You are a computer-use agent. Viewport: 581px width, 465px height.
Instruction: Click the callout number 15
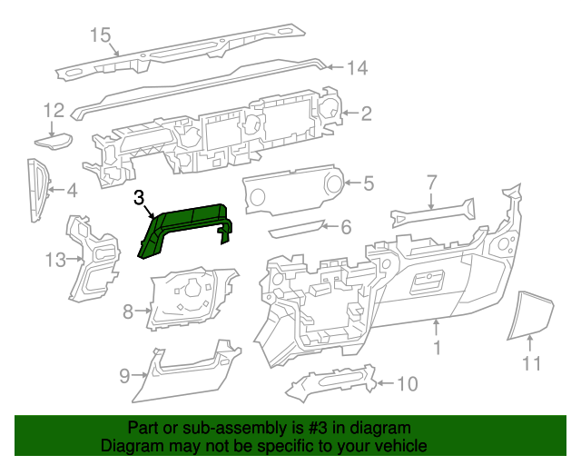tap(100, 35)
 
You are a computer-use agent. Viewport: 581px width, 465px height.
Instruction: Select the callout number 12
tap(54, 111)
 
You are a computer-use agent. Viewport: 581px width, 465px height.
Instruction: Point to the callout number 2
tap(366, 114)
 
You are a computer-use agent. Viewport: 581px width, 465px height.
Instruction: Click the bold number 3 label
tap(139, 197)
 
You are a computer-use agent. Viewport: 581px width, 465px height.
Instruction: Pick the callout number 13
tap(55, 261)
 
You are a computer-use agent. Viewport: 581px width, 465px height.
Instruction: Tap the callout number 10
tap(407, 384)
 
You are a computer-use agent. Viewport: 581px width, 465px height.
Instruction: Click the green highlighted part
tap(186, 224)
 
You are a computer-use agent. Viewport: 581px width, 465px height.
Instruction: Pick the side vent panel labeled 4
tap(36, 189)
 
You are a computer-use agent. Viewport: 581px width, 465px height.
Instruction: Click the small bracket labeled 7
tap(431, 216)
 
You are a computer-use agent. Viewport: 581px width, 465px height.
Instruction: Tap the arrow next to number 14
tap(333, 66)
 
